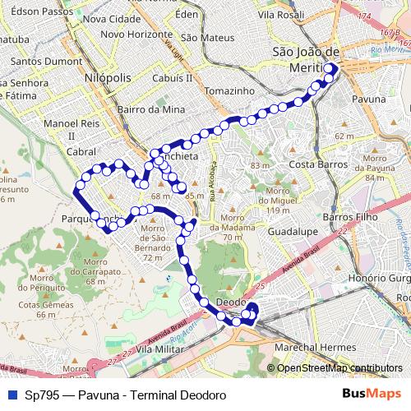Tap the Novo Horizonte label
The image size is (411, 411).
[136, 34]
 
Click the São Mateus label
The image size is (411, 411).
[202, 37]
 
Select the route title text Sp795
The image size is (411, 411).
[44, 395]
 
